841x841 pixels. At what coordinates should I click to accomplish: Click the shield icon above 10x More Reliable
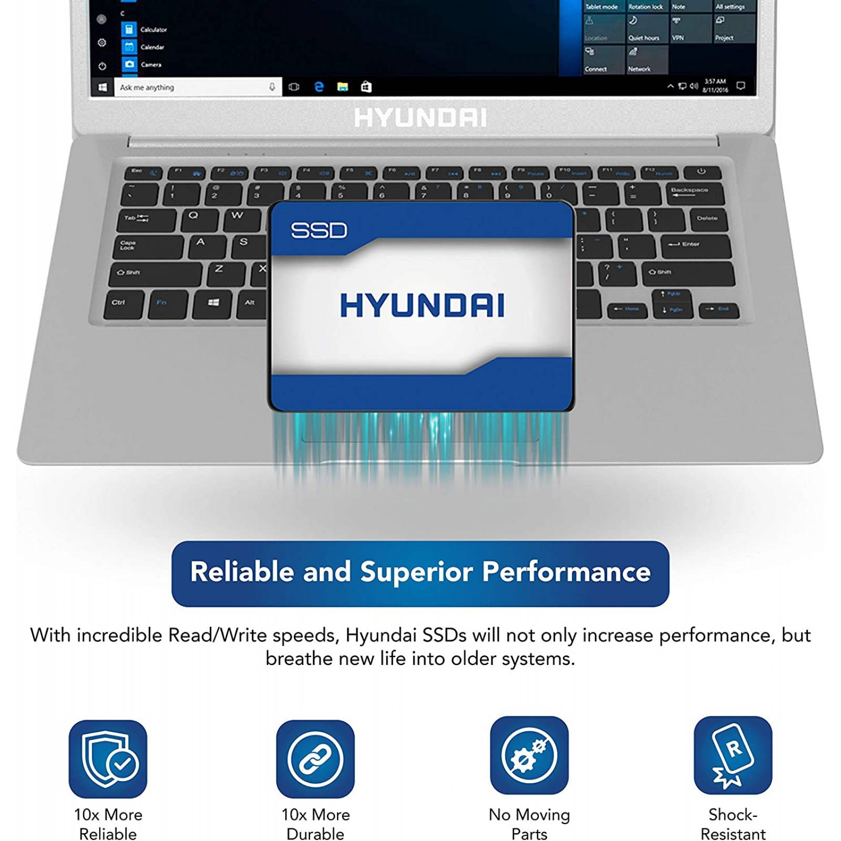tap(108, 758)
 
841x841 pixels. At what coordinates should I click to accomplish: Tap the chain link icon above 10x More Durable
tap(315, 758)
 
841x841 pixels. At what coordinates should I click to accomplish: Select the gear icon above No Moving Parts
tap(529, 755)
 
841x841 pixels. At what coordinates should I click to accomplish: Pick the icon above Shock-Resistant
tap(733, 755)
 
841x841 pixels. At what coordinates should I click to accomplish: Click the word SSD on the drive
tap(319, 230)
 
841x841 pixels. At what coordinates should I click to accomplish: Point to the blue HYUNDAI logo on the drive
tap(422, 305)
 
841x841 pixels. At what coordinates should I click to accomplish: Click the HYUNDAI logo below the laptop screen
tap(420, 118)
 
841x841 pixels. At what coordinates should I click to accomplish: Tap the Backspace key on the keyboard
tap(690, 193)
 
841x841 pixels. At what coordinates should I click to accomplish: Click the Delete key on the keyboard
tap(706, 219)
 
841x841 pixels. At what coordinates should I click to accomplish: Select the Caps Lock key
tap(147, 246)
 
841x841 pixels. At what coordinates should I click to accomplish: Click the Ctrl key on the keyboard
tap(123, 304)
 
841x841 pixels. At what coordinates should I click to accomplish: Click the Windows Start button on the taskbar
tap(103, 87)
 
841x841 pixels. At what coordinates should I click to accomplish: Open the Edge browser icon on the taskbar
tap(319, 87)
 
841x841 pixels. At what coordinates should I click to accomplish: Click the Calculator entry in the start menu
tap(153, 30)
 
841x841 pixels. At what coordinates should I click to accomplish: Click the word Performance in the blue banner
tap(566, 572)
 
